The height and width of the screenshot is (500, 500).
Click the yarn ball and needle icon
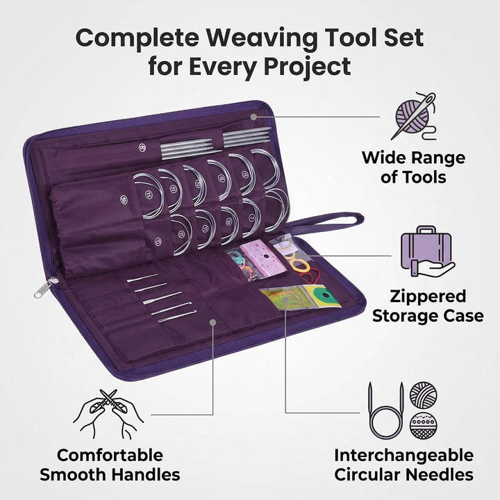point(414,116)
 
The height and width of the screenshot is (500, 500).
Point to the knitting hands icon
point(108,414)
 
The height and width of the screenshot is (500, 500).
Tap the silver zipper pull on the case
point(45,287)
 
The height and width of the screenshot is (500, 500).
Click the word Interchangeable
point(403,456)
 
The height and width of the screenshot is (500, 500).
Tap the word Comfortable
point(110,455)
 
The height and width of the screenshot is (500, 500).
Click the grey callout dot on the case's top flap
point(253,117)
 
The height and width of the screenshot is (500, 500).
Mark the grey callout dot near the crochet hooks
point(213,322)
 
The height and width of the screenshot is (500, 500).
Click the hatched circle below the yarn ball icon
point(423,426)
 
